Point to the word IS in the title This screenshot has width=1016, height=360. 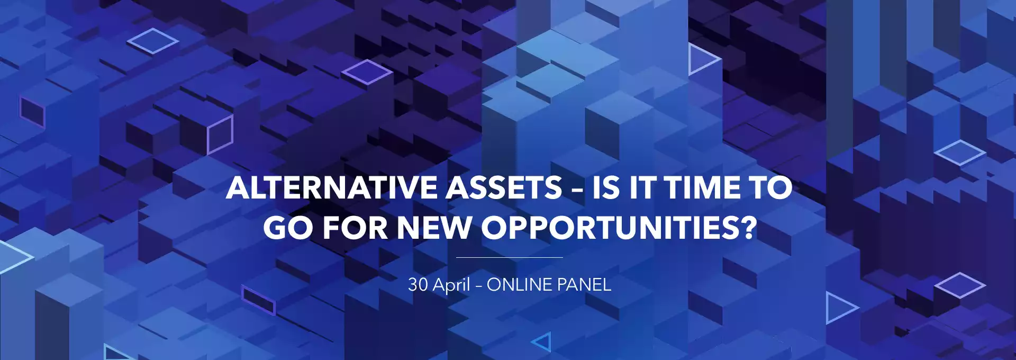point(606,188)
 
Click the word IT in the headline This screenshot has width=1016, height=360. point(642,188)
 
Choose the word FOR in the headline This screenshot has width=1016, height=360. point(356,228)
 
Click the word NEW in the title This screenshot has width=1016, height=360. point(434,228)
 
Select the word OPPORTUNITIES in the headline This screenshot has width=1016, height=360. point(608,228)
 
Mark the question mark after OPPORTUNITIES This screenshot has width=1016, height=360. point(747,228)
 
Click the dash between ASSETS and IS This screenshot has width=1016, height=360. point(577,190)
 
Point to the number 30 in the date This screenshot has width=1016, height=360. point(418,285)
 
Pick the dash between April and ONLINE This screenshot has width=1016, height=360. point(478,286)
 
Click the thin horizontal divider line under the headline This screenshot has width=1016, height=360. point(509,257)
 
